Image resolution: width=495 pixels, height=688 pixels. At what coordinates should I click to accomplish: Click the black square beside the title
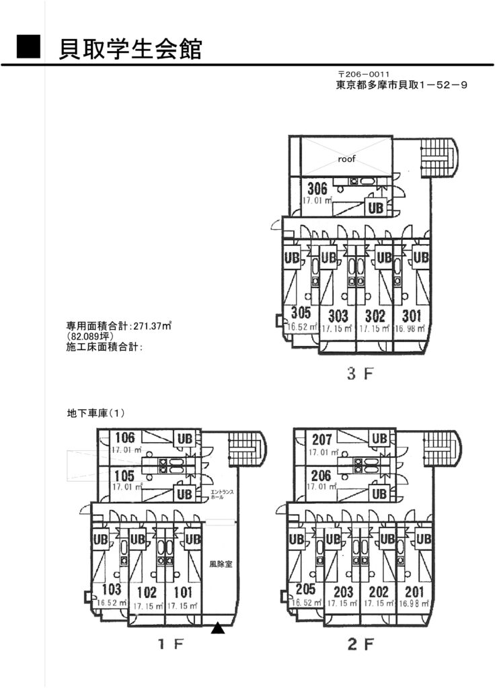point(29,48)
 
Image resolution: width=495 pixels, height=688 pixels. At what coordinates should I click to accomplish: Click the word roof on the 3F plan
point(346,159)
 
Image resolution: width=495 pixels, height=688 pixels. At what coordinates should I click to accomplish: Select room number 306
point(317,188)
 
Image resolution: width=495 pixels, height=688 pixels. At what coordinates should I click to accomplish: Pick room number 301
point(412,316)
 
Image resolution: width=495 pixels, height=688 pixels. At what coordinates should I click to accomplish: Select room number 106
point(124,438)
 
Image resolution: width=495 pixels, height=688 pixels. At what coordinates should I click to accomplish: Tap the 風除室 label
point(220,564)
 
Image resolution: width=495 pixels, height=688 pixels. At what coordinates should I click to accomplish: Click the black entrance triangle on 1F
point(217,629)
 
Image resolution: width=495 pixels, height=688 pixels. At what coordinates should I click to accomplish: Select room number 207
point(321,440)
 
